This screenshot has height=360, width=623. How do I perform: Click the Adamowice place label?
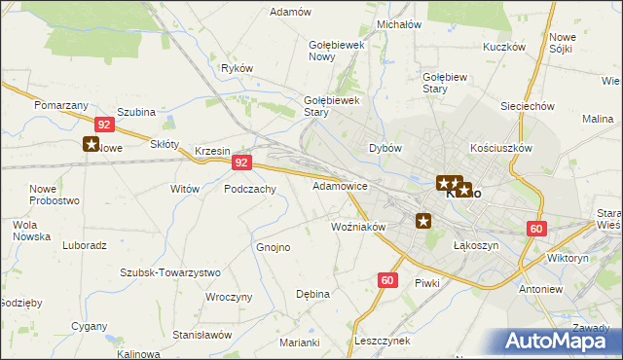pyautogui.click(x=340, y=185)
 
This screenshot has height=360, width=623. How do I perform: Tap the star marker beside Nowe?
pyautogui.click(x=92, y=145)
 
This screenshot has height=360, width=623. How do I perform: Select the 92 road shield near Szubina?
pyautogui.click(x=106, y=125)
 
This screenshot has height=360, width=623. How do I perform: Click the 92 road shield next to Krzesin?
pyautogui.click(x=243, y=163)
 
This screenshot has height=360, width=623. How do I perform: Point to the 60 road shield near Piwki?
pyautogui.click(x=387, y=280)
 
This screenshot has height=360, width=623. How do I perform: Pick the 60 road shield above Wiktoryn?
pyautogui.click(x=536, y=228)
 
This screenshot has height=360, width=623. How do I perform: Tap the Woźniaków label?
pyautogui.click(x=359, y=227)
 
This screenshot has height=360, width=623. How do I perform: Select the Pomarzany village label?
pyautogui.click(x=61, y=104)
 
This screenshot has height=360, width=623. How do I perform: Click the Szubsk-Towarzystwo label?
pyautogui.click(x=169, y=273)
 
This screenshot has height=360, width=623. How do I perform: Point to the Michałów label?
pyautogui.click(x=397, y=24)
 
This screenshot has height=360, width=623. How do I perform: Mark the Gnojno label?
pyautogui.click(x=274, y=247)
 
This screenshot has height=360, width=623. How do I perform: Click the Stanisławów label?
pyautogui.click(x=202, y=334)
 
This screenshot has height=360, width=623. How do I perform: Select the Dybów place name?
pyautogui.click(x=385, y=148)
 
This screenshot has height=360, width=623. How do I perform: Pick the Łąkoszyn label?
pyautogui.click(x=476, y=246)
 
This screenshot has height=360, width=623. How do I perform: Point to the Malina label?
pyautogui.click(x=597, y=118)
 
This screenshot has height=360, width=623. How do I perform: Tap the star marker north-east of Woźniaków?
pyautogui.click(x=423, y=221)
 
